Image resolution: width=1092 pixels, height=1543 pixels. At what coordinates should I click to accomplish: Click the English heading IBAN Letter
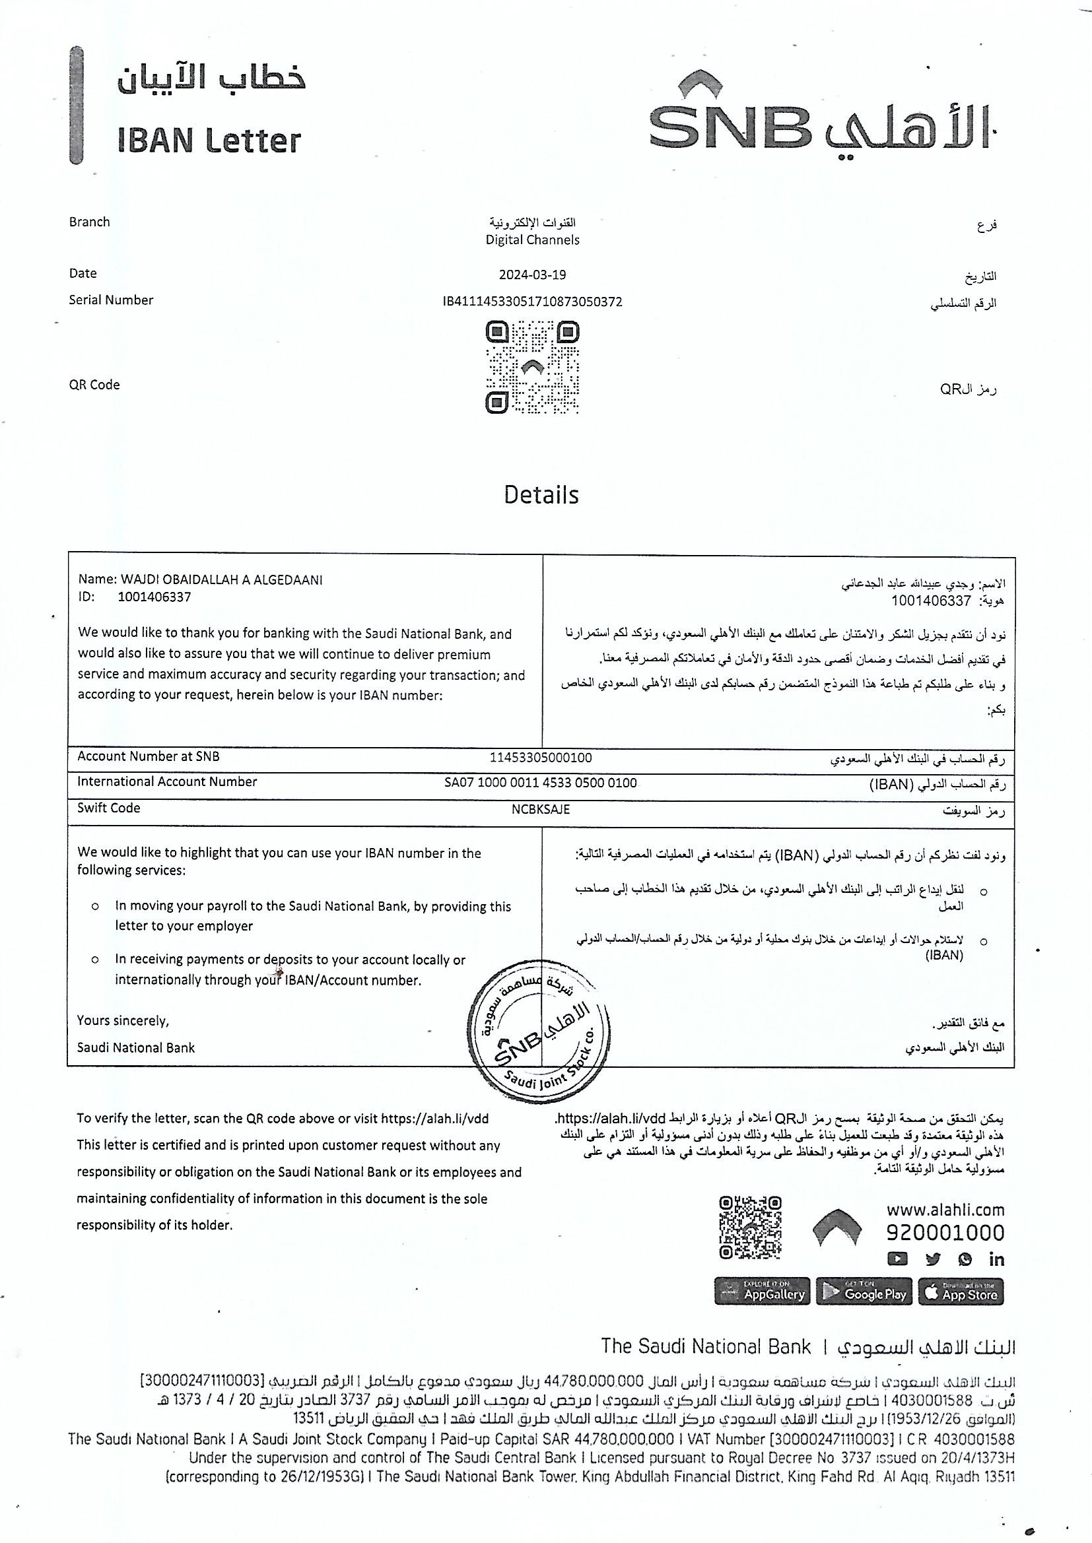209,141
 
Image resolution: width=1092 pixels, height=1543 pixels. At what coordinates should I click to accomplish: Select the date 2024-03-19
533,275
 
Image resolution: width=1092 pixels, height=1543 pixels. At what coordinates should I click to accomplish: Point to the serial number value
533,302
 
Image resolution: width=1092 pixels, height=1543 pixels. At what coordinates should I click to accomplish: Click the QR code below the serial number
533,367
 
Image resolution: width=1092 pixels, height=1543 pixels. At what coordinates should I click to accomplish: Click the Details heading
541,494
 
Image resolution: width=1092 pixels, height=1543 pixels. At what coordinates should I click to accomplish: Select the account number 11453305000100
541,758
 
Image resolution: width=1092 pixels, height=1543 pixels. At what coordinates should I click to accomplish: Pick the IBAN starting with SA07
541,783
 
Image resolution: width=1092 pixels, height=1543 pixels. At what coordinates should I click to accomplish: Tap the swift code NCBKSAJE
541,809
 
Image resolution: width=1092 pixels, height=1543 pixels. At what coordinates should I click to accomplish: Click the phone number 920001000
945,1233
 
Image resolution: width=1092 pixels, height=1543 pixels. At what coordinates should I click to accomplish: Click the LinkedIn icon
996,1259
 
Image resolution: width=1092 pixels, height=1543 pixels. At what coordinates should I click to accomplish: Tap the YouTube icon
897,1259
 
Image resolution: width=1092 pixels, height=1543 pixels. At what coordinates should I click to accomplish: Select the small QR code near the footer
751,1227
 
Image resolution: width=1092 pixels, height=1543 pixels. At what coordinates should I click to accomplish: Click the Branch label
89,222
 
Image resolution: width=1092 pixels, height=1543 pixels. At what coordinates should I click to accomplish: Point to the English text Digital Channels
533,240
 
